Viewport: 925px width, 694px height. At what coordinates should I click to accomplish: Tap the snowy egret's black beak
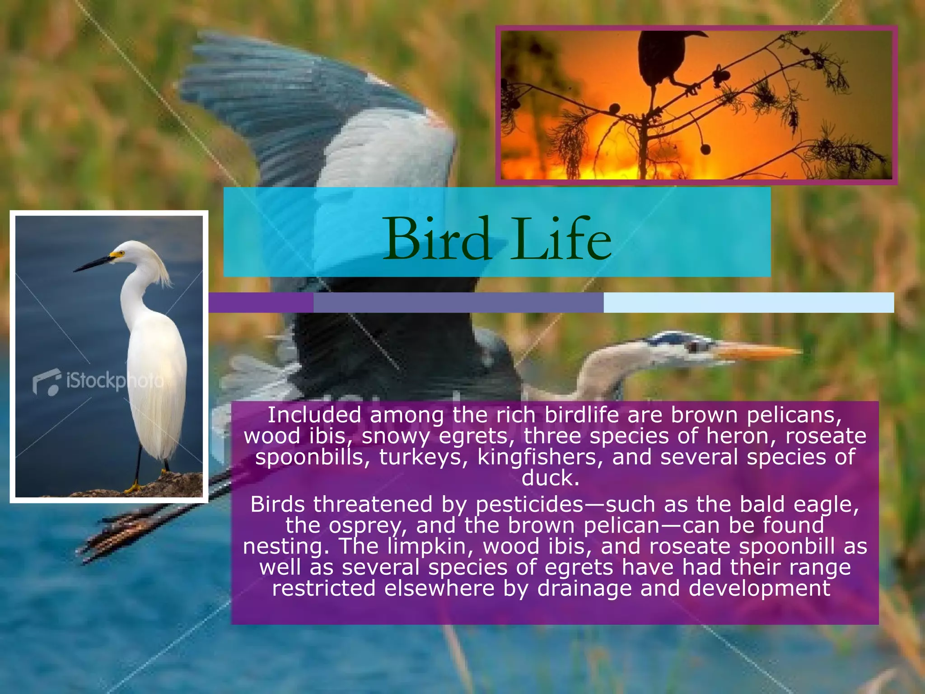coord(93,264)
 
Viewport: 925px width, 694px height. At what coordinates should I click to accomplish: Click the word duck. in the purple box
coord(550,478)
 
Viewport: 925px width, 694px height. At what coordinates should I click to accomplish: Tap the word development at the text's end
coord(759,588)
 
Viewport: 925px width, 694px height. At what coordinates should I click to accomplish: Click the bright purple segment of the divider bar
coord(261,302)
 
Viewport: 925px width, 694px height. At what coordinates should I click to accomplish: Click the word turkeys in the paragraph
coord(424,457)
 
